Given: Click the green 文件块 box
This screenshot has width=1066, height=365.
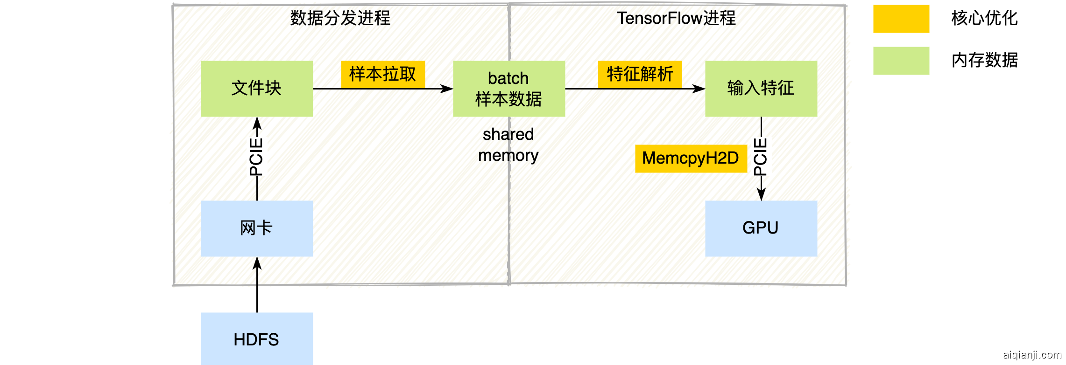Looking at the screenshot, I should pos(257,89).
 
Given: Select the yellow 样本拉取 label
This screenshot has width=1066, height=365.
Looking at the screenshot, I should pos(383,74).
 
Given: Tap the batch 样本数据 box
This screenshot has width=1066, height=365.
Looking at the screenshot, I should pos(509,89).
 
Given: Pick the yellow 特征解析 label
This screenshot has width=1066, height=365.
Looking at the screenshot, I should pos(640,74).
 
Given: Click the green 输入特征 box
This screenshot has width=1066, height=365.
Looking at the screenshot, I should pos(761,89).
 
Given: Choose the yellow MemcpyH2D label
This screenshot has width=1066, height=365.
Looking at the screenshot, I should pos(691,158).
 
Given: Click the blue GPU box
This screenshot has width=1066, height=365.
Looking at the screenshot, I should pos(761,228).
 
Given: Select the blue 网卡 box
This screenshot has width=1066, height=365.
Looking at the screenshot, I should pos(257,228).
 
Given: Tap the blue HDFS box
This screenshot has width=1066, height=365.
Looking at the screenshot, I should pos(257,339).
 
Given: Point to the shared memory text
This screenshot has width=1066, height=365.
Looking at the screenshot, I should pos(508,145).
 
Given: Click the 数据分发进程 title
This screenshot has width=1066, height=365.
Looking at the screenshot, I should pos(340,18).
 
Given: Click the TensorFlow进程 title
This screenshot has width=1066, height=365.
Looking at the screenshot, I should pos(676,18).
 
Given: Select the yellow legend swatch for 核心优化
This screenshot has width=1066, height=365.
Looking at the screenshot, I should pos(901,19).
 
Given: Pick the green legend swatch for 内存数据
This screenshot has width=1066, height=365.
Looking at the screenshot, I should pos(901,61).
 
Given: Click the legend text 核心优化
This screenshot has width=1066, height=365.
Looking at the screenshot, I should pos(984,18).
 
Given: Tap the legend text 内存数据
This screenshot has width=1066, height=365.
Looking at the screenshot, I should pos(984,60).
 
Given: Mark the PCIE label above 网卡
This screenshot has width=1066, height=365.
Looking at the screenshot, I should pos(256,157).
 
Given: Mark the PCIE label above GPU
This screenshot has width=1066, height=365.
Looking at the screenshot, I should pos(761,157).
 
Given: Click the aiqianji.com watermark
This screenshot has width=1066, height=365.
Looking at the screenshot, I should pos(1032,355).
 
